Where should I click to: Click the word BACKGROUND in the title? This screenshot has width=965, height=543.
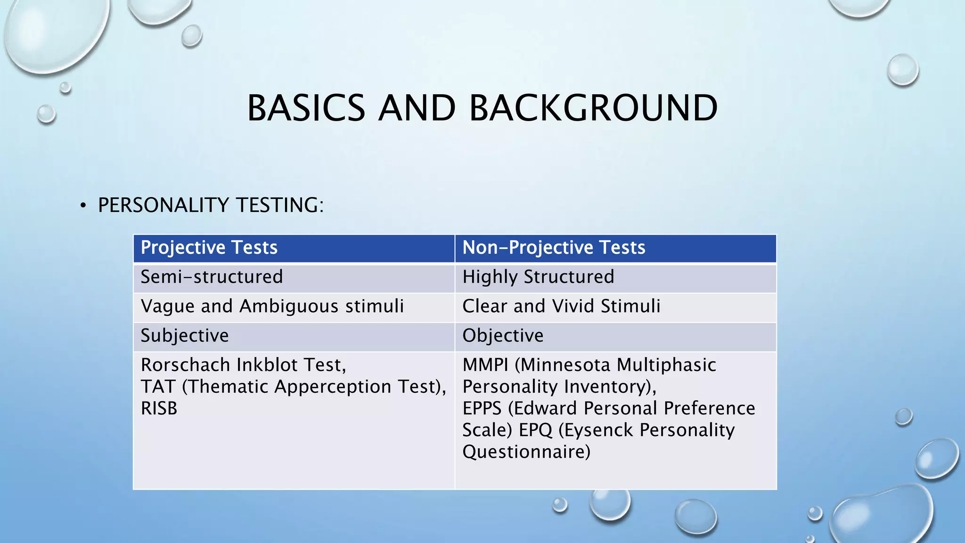pos(593,108)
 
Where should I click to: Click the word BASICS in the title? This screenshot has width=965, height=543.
pos(306,108)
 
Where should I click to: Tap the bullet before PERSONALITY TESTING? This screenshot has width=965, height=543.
pos(83,206)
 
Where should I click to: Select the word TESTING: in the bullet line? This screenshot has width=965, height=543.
pos(279,205)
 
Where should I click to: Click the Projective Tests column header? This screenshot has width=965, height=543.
pos(209,247)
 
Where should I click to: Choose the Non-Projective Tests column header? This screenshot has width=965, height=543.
pos(554,247)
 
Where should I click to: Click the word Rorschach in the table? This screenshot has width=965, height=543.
pos(186,365)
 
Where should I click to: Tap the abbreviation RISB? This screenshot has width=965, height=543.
pos(159,408)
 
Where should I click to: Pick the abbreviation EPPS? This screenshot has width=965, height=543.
pos(482,408)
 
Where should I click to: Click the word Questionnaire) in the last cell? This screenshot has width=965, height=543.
pos(526,452)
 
